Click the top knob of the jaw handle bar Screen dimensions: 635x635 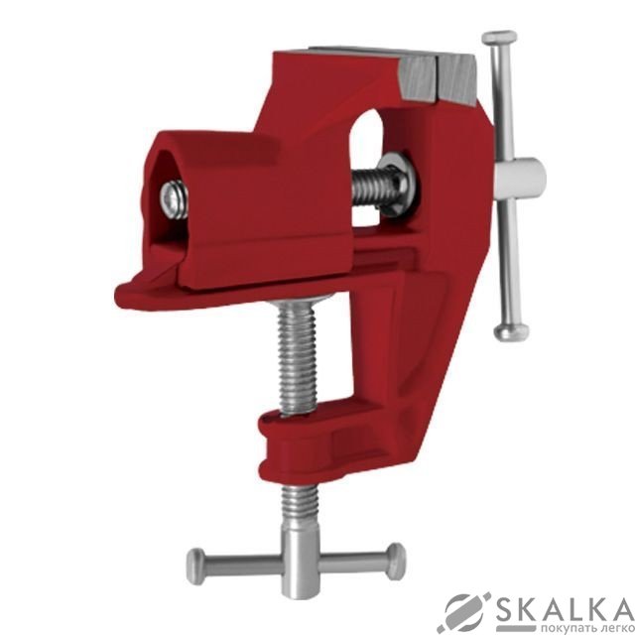[x=499, y=39]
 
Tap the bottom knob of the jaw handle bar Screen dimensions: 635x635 [x=511, y=331]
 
